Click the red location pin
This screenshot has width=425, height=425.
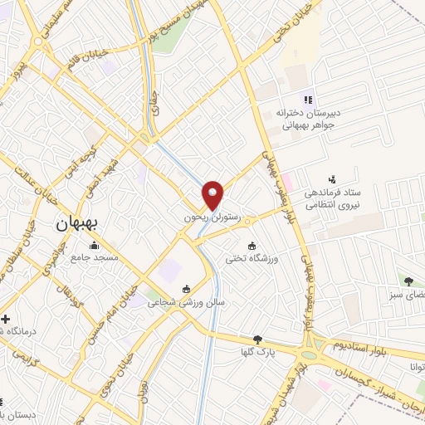click(214, 194)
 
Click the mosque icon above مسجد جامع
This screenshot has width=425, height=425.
click(94, 245)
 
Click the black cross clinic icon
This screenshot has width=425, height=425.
click(5, 319)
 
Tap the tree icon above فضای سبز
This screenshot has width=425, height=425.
click(408, 281)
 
